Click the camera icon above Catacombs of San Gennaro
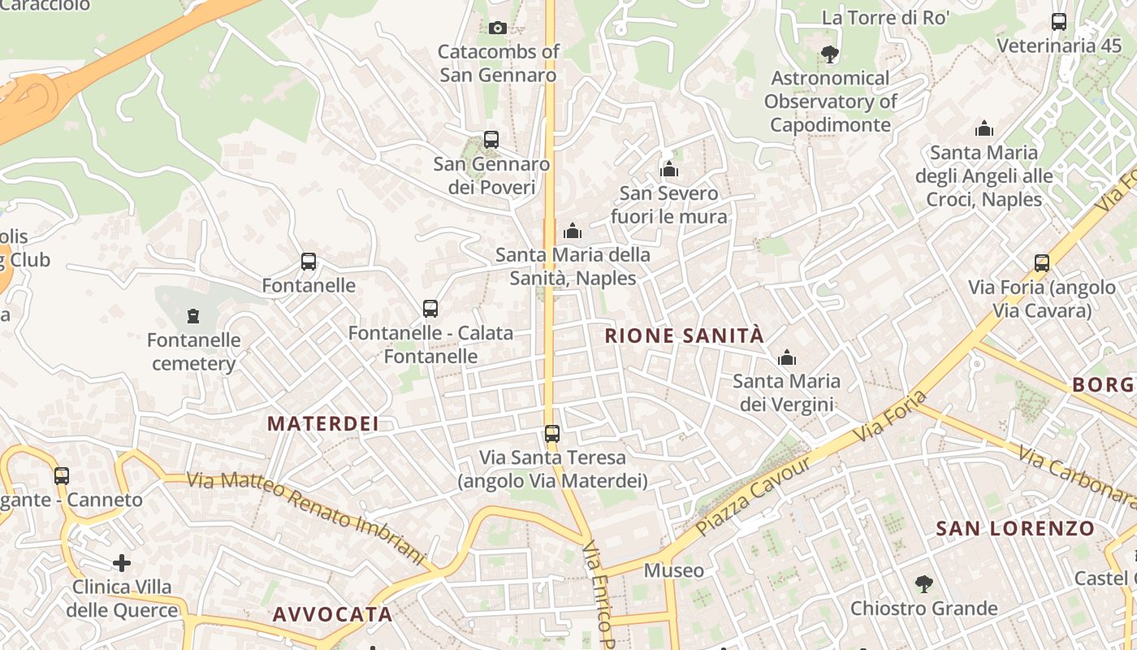coord(498,28)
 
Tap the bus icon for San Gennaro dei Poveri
coord(491,140)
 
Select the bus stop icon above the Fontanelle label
coord(309,262)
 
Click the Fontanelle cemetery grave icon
coord(193,315)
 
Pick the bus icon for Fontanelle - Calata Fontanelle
coord(430,309)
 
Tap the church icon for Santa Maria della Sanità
coord(573,232)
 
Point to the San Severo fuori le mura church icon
coord(669,170)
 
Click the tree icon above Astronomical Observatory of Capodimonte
coord(829,54)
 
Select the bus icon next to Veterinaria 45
coord(1059,22)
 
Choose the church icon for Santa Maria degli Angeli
coord(984,128)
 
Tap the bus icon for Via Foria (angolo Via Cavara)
coord(1042,263)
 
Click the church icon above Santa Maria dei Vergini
coord(786,357)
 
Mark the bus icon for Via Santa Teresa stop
coord(552,434)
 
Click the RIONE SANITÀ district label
coord(685,336)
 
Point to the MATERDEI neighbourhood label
coord(323,423)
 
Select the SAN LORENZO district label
coord(1015,529)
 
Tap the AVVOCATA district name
coord(333,614)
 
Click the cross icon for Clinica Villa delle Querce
coord(122,562)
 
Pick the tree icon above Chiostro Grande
coord(923,584)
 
